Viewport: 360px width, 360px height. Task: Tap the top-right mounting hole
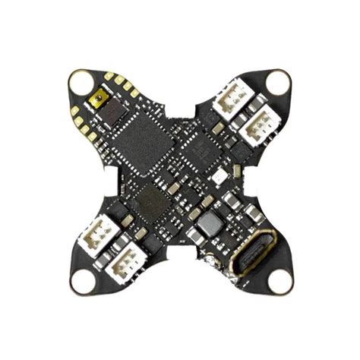pyautogui.click(x=278, y=81)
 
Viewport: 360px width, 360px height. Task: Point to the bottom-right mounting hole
pyautogui.click(x=278, y=281)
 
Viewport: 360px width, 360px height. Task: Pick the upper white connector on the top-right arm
pyautogui.click(x=229, y=102)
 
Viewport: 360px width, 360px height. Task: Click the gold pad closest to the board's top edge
pyautogui.click(x=109, y=76)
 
